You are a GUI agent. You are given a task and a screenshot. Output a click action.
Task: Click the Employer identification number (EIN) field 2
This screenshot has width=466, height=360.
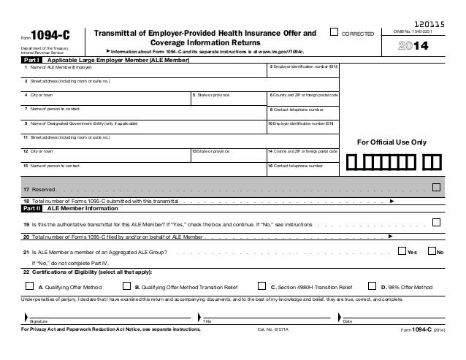point(303,74)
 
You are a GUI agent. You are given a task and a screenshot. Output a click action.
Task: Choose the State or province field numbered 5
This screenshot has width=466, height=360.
point(227,102)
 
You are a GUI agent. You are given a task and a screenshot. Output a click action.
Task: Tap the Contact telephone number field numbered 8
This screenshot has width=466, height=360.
point(303,116)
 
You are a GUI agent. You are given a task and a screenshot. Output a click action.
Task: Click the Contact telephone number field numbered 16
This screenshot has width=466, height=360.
point(303,172)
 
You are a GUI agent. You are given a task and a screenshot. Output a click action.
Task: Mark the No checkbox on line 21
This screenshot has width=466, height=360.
point(429,252)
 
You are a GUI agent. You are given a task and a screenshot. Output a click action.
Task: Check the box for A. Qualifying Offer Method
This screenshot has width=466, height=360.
point(29,287)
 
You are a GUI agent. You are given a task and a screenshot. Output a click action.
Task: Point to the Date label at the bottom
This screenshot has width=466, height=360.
point(348,321)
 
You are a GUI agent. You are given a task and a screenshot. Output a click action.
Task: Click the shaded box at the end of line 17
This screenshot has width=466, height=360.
point(436,187)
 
